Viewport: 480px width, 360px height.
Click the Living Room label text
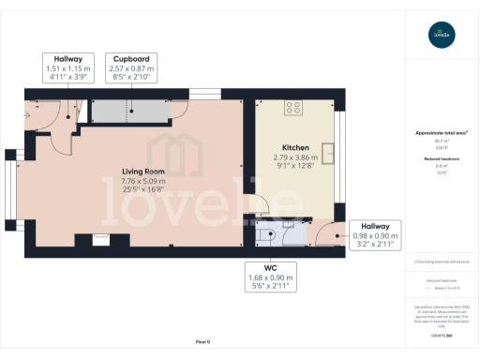[x=143, y=171]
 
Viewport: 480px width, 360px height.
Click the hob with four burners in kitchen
[x=292, y=106]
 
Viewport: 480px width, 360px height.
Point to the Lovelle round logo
[x=440, y=36]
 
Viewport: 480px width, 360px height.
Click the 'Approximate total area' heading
[x=441, y=132]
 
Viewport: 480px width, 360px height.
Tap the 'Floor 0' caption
[x=202, y=342]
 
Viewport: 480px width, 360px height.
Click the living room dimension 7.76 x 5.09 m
[x=143, y=181]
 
